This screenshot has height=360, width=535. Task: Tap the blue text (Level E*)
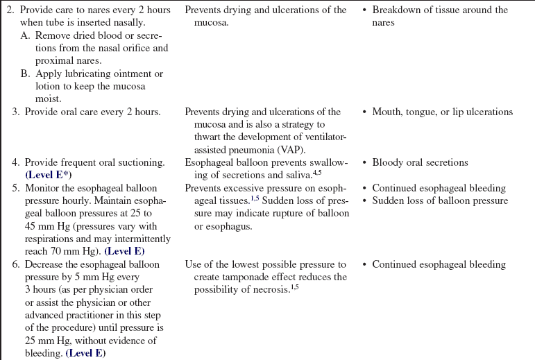click(x=55, y=174)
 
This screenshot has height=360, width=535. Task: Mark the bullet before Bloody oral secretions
click(x=365, y=162)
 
